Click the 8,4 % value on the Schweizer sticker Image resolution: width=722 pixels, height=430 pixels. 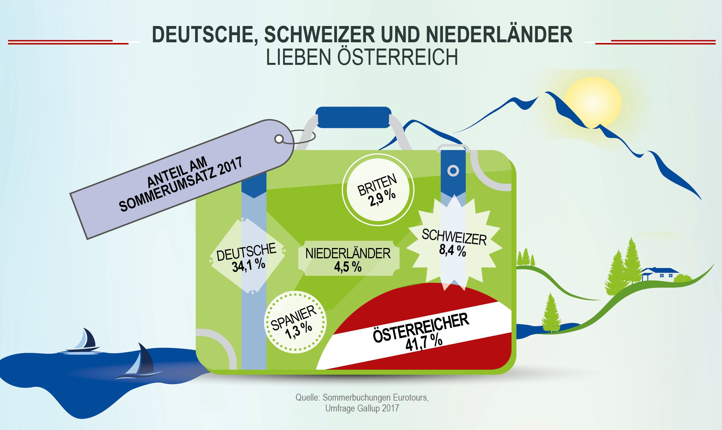click(x=452, y=251)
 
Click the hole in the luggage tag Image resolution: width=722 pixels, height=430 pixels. click(x=278, y=139)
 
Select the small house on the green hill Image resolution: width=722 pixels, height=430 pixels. click(x=660, y=274)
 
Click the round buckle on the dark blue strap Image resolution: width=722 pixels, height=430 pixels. click(x=453, y=171)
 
